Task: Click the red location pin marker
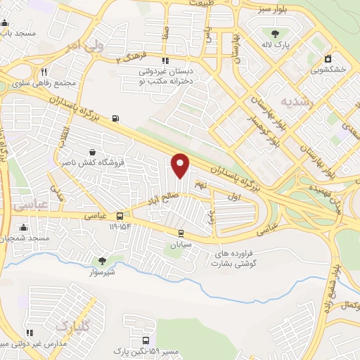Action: tap(181, 165)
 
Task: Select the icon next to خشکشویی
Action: tap(327, 60)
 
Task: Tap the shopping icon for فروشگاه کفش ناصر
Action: tap(93, 152)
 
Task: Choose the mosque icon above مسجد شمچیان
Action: tap(24, 227)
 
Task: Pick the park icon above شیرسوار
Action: tap(102, 260)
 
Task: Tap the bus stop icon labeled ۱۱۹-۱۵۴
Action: tap(120, 217)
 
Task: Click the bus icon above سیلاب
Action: tap(181, 233)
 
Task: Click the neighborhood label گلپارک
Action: tap(72, 326)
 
